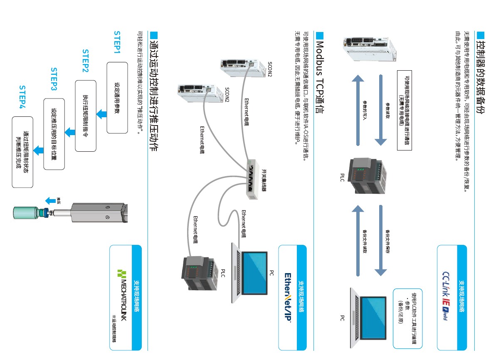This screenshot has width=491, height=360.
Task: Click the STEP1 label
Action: (117, 42)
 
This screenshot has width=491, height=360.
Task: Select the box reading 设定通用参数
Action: (117, 98)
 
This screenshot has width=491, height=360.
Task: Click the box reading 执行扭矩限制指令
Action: (86, 116)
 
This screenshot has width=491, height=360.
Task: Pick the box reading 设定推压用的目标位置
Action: (54, 133)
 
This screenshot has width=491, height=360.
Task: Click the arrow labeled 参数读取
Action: (381, 110)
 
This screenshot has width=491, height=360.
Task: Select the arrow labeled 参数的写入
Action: (358, 110)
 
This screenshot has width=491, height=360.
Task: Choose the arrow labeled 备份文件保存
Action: (381, 240)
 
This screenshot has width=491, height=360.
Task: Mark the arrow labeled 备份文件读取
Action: (358, 240)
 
